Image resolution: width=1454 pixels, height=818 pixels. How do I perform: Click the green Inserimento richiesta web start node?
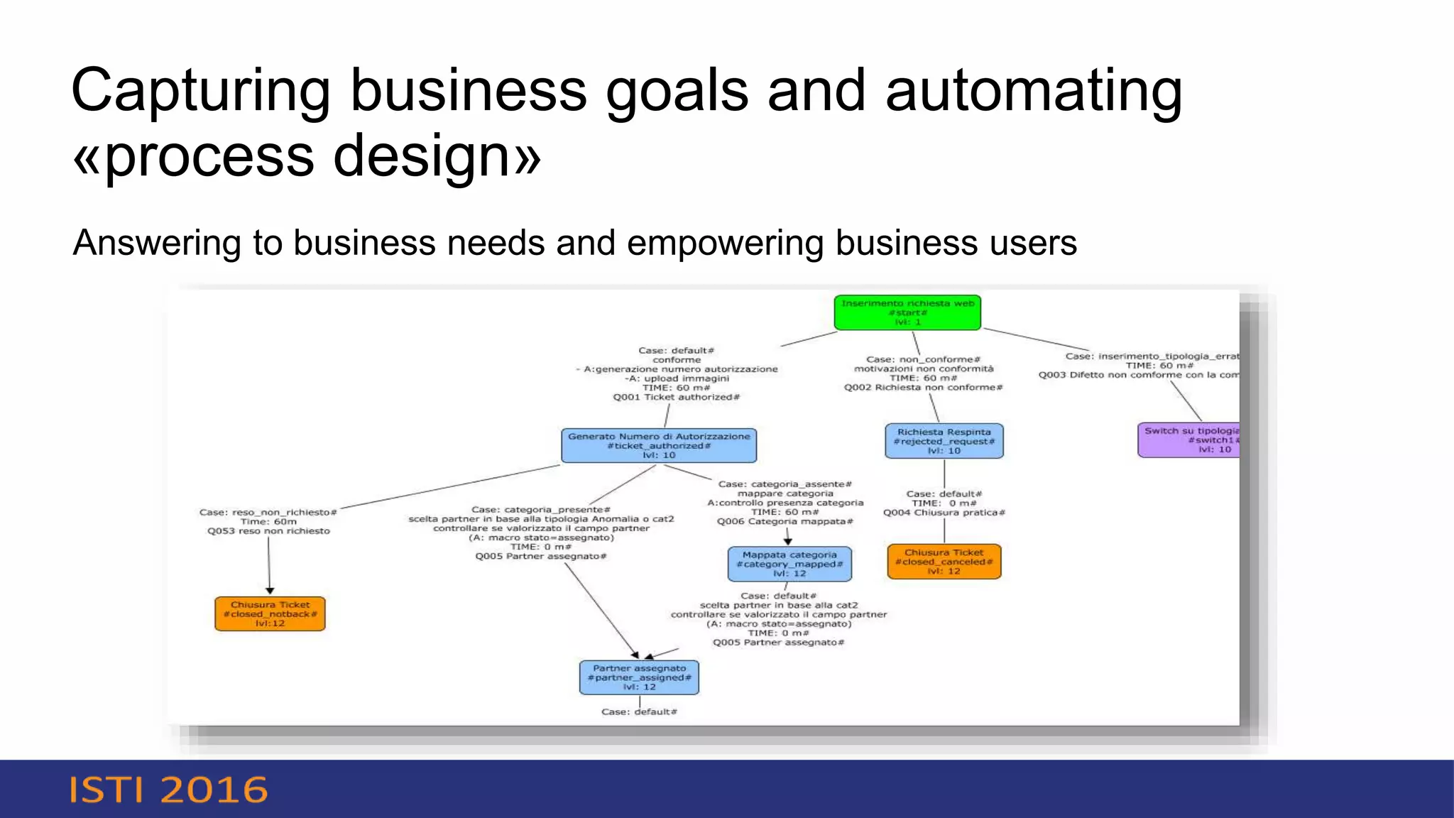click(x=907, y=312)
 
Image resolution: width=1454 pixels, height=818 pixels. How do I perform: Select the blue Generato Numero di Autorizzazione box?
click(x=659, y=445)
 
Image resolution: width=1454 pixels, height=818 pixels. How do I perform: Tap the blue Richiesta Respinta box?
click(x=944, y=441)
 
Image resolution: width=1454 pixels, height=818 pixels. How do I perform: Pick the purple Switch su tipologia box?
click(x=1190, y=440)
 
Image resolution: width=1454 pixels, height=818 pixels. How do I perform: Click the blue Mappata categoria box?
click(x=789, y=564)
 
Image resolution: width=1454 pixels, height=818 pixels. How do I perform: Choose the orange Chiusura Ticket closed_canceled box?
click(x=944, y=562)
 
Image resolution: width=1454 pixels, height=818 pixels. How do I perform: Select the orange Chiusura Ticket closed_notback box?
click(x=270, y=613)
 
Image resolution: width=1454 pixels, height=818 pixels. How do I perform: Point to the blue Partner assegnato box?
click(x=639, y=677)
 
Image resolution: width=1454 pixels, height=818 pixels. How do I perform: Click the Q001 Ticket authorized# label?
click(x=676, y=397)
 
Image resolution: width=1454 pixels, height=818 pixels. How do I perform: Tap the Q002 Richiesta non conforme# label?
click(x=923, y=387)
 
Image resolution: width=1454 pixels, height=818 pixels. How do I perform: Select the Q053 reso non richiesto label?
click(x=268, y=530)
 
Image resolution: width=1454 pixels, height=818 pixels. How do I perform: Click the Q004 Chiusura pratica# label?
click(x=944, y=512)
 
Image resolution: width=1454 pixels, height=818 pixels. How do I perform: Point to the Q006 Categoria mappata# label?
click(x=785, y=521)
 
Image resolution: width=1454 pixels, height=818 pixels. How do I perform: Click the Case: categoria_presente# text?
click(x=540, y=509)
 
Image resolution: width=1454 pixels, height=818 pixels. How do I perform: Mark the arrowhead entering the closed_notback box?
click(x=270, y=591)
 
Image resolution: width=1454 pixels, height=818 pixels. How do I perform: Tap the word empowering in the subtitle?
click(x=726, y=243)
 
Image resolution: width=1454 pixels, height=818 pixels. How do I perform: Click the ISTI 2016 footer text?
click(x=168, y=790)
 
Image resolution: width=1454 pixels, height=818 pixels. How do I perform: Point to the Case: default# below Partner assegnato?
click(x=639, y=711)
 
